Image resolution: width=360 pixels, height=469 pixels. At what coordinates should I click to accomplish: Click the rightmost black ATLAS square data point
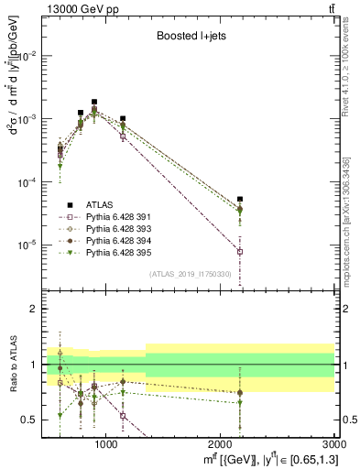point(240,199)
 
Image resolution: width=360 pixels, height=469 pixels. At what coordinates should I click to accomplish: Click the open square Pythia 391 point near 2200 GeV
point(240,251)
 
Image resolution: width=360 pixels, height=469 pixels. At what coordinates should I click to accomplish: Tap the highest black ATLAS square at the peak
point(94,103)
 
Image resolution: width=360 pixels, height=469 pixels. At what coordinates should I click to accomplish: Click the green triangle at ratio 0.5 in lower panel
point(60,415)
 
